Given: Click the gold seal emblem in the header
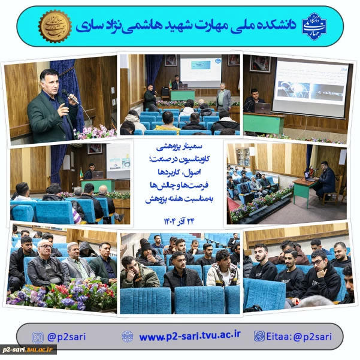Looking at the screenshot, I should pyautogui.click(x=55, y=26).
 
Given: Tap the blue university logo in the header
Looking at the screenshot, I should pyautogui.click(x=314, y=26).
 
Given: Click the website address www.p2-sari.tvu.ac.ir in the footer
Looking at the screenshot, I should pyautogui.click(x=189, y=337).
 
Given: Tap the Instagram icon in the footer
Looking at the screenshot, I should pyautogui.click(x=38, y=337).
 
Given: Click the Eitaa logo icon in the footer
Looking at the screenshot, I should pyautogui.click(x=259, y=337).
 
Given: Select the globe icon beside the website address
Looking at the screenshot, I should pyautogui.click(x=128, y=337).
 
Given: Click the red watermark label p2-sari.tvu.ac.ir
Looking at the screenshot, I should pyautogui.click(x=28, y=349).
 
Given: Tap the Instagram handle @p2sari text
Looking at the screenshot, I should pyautogui.click(x=66, y=337).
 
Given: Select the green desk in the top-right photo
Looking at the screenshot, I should pyautogui.click(x=264, y=123).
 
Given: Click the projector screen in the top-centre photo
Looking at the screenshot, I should pyautogui.click(x=201, y=71).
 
